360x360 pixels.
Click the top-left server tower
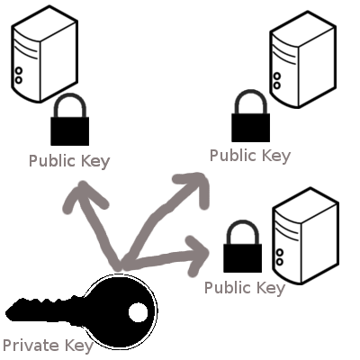[45, 54]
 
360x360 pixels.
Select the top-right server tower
[302, 59]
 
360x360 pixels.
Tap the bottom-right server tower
[306, 236]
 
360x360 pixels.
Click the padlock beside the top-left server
[70, 120]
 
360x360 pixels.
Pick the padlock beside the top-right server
[251, 116]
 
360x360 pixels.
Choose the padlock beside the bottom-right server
[242, 247]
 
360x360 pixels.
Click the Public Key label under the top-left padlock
[69, 161]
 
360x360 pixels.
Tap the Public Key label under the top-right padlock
[250, 156]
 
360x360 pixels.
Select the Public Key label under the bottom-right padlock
[245, 288]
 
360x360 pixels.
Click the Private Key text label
[48, 346]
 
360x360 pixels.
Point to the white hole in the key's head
[139, 312]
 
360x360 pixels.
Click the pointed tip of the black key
[6, 313]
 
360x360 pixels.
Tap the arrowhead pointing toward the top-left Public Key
[83, 195]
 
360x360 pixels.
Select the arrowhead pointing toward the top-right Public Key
[194, 186]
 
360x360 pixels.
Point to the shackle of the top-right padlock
[251, 99]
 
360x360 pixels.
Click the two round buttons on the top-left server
[19, 76]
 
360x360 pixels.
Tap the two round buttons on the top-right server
[277, 81]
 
